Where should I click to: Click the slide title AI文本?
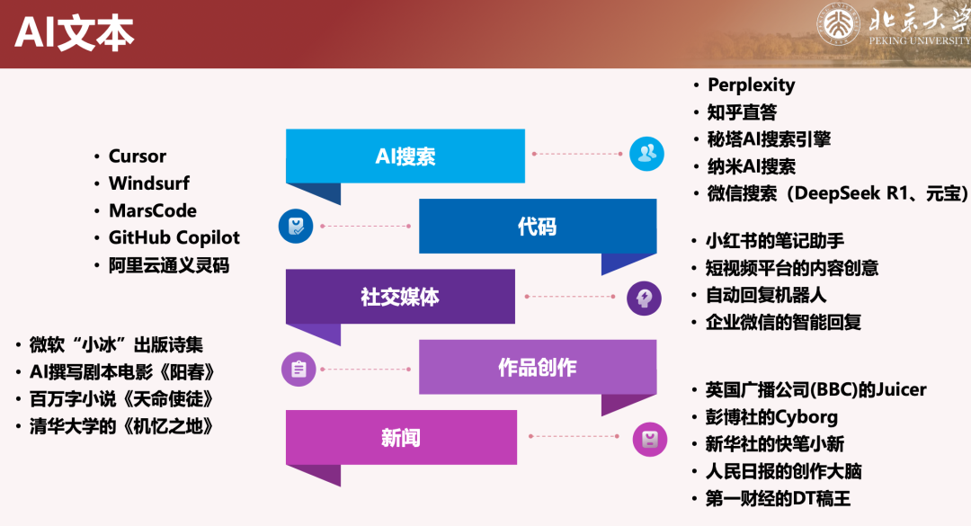click(x=75, y=33)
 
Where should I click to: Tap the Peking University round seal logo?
click(x=838, y=23)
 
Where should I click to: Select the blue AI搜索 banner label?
click(x=405, y=156)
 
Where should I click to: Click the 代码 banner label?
click(x=537, y=227)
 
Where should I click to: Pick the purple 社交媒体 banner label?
click(x=400, y=297)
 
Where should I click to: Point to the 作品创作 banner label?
click(x=538, y=368)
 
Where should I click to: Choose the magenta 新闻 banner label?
click(x=401, y=437)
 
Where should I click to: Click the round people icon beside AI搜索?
click(x=646, y=154)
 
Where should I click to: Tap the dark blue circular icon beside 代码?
click(x=296, y=227)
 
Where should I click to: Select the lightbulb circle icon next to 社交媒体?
click(x=644, y=298)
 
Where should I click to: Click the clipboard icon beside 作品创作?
click(x=298, y=370)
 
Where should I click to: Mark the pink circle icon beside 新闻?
click(x=650, y=440)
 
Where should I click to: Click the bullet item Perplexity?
click(x=751, y=85)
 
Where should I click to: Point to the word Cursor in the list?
click(x=138, y=156)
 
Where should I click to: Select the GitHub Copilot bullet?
click(x=174, y=238)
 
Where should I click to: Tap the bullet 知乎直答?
click(x=742, y=112)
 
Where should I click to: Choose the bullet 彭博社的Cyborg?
click(x=771, y=417)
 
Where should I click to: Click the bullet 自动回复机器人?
click(x=766, y=295)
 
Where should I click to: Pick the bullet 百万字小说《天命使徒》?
click(x=122, y=399)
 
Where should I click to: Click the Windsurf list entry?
click(x=149, y=183)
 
